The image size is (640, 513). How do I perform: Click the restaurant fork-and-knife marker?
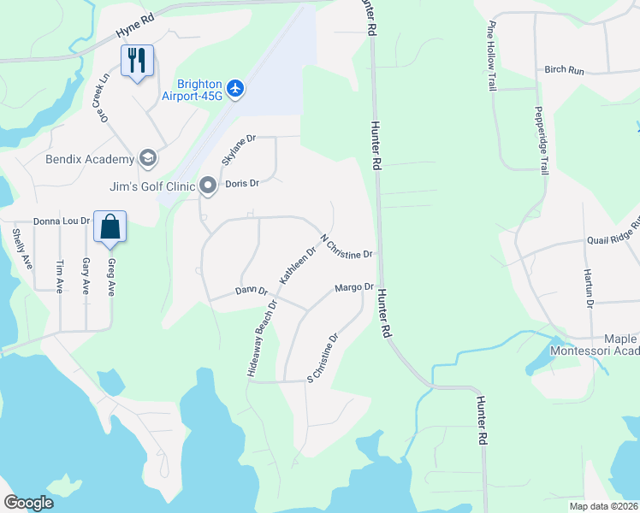[x=137, y=61]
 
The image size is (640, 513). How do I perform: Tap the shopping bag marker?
[x=110, y=227]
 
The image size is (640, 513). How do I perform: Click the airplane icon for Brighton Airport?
[x=236, y=87]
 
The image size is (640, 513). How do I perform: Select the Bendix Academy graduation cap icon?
[x=148, y=159]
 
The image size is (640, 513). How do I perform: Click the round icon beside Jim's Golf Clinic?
[x=207, y=185]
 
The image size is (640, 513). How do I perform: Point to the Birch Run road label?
[x=565, y=70]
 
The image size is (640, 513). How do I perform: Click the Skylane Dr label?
[x=239, y=149]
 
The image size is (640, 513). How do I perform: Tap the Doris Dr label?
[x=241, y=184]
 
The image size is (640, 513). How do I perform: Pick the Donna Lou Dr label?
[x=61, y=221]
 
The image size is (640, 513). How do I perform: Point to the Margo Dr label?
[x=355, y=288]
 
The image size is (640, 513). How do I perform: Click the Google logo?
[x=28, y=503]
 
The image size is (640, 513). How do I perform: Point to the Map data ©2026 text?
[x=602, y=506]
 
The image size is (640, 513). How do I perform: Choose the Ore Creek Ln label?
[x=106, y=96]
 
